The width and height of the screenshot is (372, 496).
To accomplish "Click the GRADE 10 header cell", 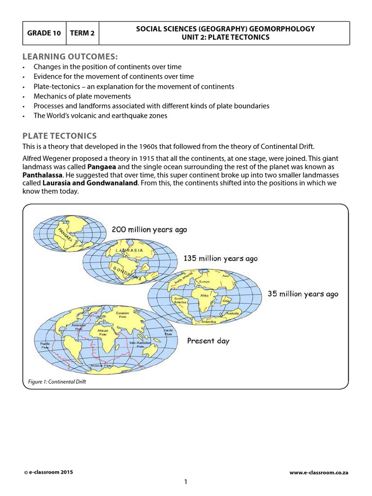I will click(44, 33).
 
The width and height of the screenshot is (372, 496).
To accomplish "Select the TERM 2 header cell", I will click(82, 33).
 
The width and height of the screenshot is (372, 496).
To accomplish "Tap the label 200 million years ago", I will click(149, 230).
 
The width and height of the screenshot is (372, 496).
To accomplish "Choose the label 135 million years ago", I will click(220, 259).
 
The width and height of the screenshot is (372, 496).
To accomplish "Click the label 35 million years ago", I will click(303, 294).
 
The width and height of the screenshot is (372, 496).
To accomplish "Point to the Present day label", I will click(208, 341).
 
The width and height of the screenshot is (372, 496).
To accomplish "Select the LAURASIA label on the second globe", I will click(129, 250).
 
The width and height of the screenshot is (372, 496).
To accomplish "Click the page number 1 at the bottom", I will click(186, 481).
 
